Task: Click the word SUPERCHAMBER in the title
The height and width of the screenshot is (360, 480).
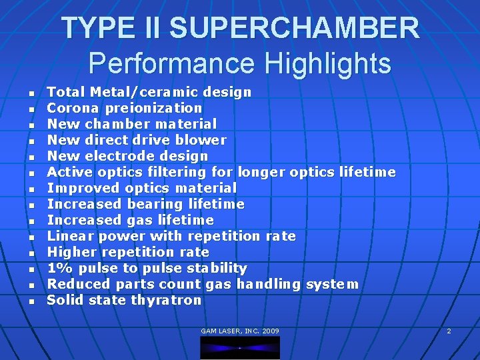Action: (x=295, y=29)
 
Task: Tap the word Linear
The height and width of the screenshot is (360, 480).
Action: (x=69, y=236)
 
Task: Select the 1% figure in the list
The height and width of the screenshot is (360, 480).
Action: (x=56, y=268)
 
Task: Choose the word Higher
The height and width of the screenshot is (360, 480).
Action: (x=69, y=252)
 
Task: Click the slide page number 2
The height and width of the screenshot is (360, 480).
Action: (x=449, y=331)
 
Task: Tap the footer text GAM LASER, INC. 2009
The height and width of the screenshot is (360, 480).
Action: (x=240, y=331)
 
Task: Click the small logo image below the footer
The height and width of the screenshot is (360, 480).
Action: (x=240, y=347)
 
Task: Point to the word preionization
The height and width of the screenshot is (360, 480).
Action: (x=162, y=108)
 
